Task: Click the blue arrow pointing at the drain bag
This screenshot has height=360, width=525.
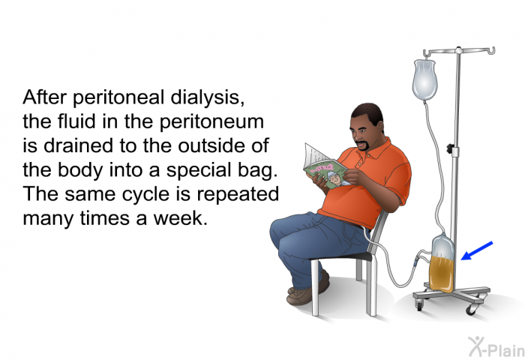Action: tap(477, 250)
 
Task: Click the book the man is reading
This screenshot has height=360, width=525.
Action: tap(324, 166)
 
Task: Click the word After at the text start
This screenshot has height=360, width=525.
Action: tap(46, 98)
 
